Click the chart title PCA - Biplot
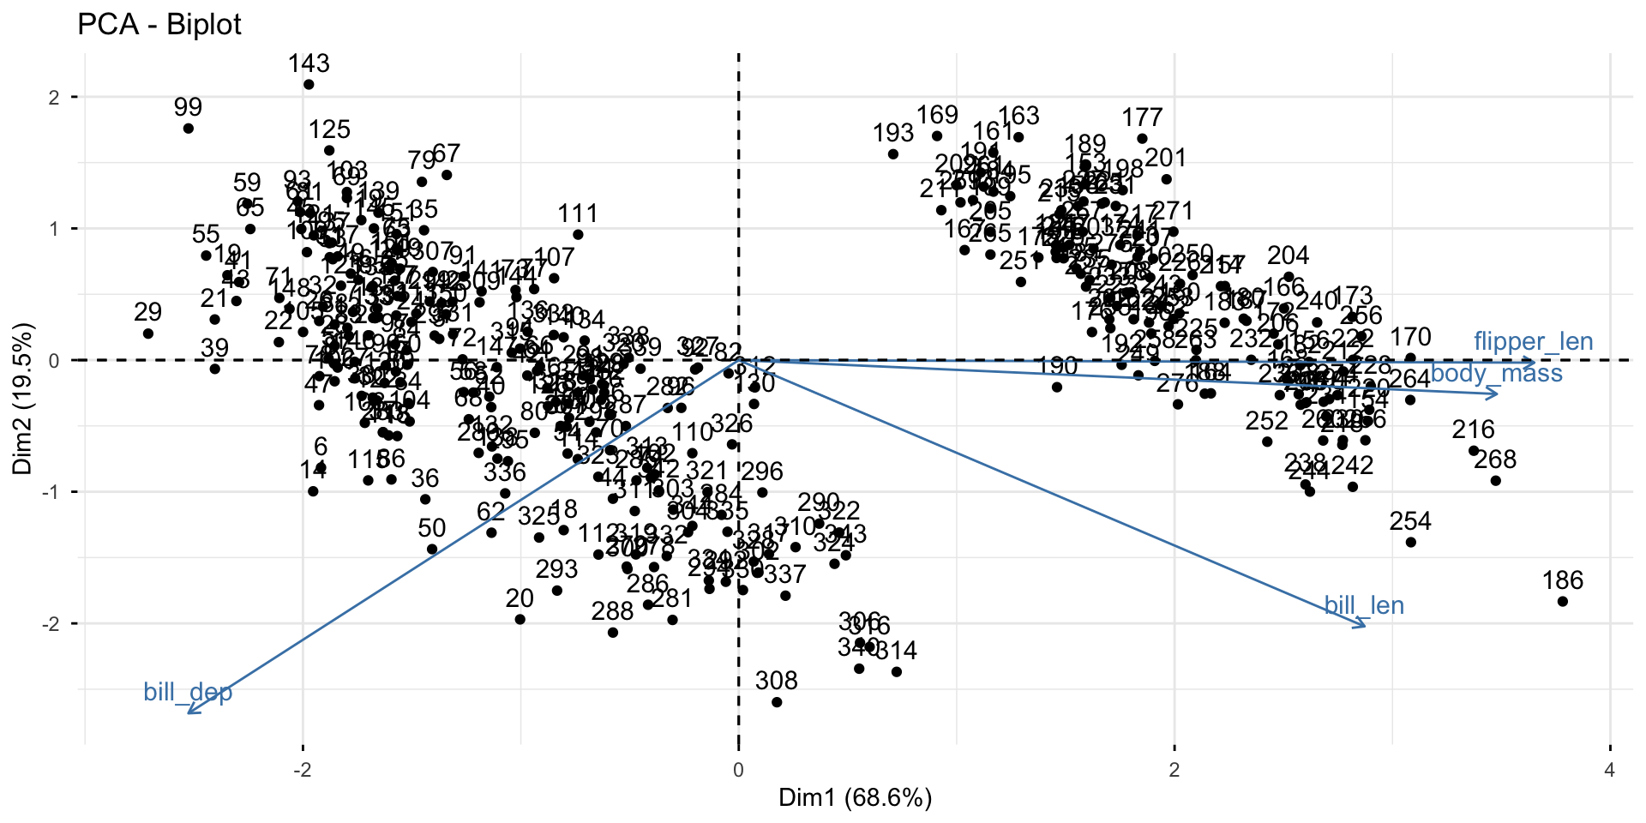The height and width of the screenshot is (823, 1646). (159, 24)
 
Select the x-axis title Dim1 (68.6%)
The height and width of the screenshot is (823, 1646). (855, 798)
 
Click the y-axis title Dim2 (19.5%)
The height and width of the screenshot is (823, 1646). (23, 399)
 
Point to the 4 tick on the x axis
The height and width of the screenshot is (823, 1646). (1609, 769)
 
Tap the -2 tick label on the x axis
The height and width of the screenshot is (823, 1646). (302, 769)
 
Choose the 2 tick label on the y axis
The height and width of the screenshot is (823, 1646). (54, 98)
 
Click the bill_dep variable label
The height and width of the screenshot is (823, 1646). (188, 692)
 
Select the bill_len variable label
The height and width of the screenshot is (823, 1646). (1364, 606)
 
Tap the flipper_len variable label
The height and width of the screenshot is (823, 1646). (1533, 341)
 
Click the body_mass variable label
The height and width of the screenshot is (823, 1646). (1496, 373)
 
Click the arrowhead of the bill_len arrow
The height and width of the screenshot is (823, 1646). (1364, 627)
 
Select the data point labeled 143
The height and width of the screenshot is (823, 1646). (309, 85)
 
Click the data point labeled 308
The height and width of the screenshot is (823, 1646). (777, 702)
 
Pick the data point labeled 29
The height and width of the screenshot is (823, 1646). (148, 333)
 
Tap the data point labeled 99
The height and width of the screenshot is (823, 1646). (189, 129)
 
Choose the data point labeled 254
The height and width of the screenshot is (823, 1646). (1410, 542)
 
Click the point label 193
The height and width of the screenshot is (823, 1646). (893, 133)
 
